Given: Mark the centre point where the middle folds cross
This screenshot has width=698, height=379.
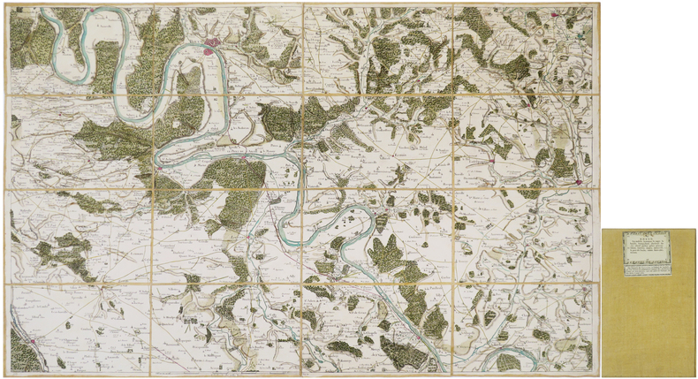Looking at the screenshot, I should (302, 189).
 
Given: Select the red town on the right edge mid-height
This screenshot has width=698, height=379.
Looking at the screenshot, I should (581, 180).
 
